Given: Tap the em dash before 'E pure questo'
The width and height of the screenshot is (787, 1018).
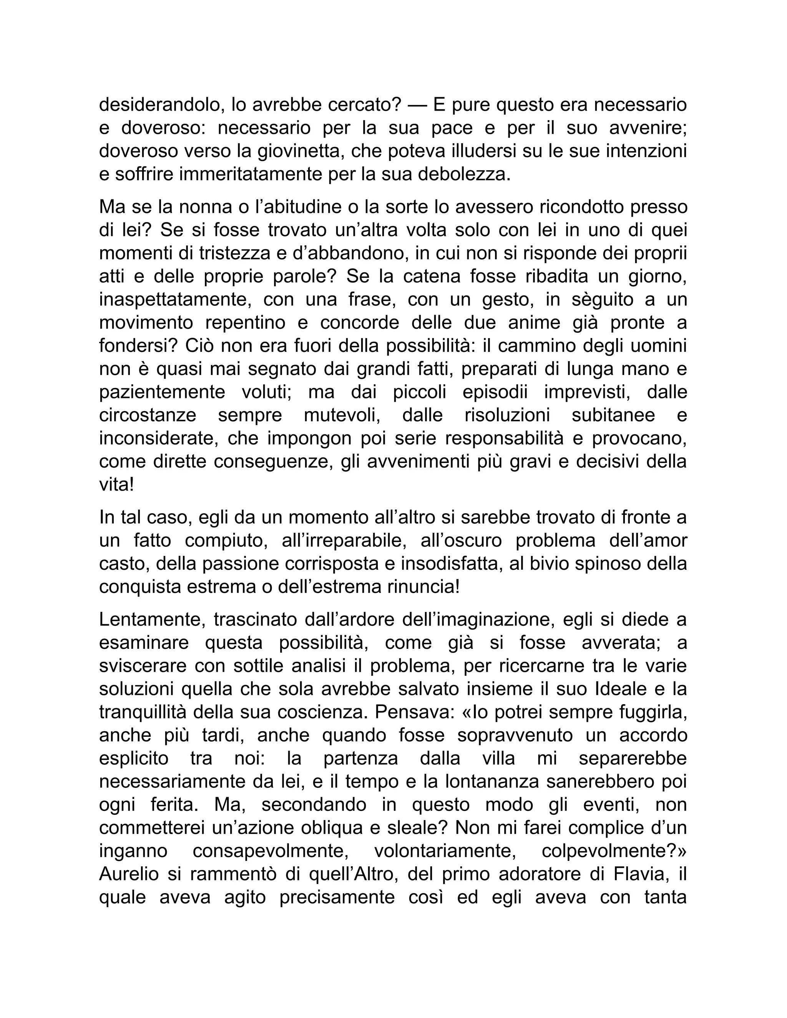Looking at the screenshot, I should [x=417, y=105].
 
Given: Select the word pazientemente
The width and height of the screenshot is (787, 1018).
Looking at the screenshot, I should [x=162, y=392].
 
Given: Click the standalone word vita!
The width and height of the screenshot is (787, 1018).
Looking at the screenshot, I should [x=116, y=485].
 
